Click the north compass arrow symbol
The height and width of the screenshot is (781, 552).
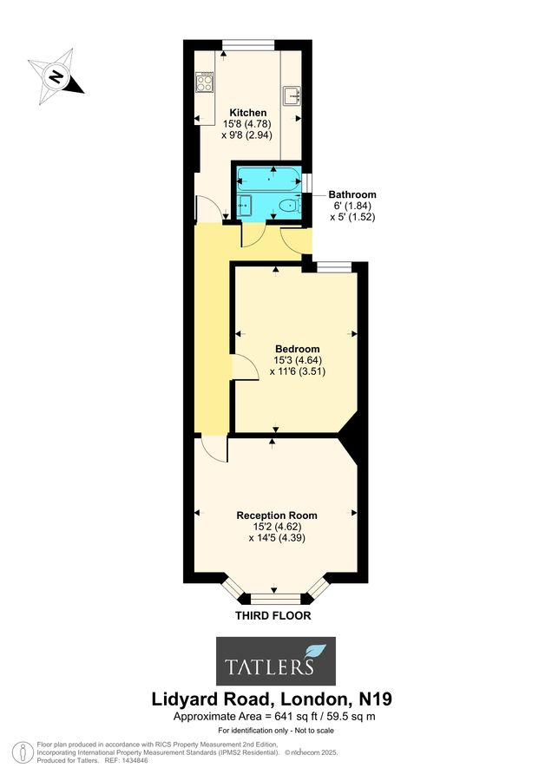56,75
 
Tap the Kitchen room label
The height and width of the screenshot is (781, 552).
247,113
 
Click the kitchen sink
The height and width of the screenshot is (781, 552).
292,94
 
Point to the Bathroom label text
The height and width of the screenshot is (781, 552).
352,194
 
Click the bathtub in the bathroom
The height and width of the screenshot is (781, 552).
268,180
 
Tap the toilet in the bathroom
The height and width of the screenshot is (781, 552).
287,207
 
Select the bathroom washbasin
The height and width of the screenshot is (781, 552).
246,206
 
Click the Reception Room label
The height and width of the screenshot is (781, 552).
277,515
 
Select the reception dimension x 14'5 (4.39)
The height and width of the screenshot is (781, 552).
277,538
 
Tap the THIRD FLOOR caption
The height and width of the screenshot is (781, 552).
273,615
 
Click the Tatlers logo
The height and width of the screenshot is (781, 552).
275,661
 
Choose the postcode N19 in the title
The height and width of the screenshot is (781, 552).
380,698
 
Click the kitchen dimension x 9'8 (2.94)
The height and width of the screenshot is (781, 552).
247,136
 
